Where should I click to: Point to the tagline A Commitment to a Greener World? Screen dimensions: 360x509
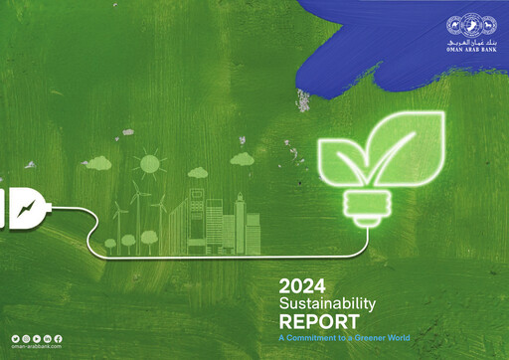tap(343, 337)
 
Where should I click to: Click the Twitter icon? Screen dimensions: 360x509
tap(16, 339)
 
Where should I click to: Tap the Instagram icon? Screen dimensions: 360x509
tap(27, 339)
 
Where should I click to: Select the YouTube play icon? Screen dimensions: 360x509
tap(37, 339)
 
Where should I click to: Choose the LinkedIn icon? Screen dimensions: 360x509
tap(48, 339)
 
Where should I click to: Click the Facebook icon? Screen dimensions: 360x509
tap(58, 339)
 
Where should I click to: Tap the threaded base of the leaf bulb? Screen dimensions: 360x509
tap(361, 207)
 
